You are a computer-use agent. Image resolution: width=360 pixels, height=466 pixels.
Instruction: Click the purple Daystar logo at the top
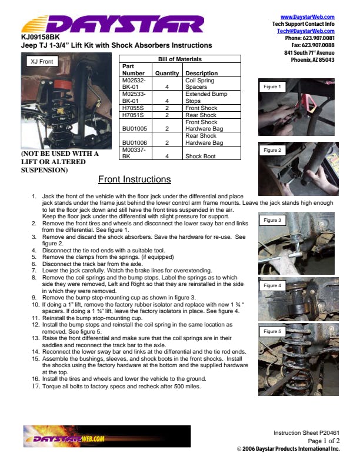113,24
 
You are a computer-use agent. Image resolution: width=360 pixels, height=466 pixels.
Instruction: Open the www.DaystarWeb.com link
308,17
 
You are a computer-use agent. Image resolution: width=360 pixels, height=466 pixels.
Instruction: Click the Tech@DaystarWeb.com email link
306,31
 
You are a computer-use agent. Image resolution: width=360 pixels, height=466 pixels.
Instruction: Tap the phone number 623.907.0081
318,38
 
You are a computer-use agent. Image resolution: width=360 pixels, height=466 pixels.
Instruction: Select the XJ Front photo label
42,62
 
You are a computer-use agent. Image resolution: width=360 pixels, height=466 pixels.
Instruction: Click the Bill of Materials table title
179,59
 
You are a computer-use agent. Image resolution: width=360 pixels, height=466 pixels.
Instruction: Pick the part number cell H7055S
133,108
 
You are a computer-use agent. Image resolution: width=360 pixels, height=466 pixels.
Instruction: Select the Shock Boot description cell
201,156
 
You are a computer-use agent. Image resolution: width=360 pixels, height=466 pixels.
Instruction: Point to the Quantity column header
167,73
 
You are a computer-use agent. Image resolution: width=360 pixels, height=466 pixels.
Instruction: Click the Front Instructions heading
135,179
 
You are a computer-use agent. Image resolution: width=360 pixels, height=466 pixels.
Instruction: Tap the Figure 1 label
272,86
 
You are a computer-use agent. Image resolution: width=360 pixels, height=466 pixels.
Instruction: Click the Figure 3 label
272,220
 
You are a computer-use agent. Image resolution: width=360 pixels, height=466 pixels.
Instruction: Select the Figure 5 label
272,331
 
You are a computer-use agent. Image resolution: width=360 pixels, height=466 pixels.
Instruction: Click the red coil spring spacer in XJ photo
62,84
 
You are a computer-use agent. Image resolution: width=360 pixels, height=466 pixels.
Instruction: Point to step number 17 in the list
36,387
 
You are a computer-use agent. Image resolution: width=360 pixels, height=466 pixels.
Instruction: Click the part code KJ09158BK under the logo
41,37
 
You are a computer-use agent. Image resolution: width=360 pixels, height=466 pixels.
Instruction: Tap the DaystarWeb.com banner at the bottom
107,436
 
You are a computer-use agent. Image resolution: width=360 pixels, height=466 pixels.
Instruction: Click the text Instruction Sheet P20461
306,432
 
